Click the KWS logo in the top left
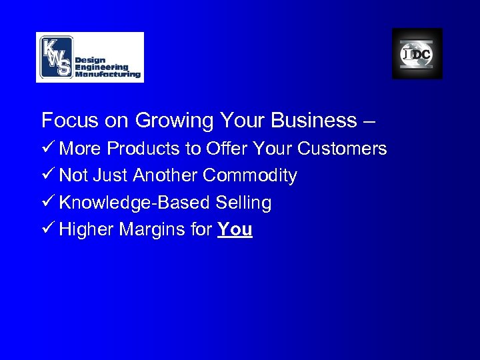coord(89,57)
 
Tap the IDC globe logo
coord(417,54)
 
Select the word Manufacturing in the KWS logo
coord(108,75)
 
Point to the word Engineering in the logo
coord(101,67)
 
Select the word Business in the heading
coord(315,121)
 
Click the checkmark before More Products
coord(47,149)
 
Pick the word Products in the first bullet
coord(143,149)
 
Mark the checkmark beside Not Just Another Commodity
coord(47,175)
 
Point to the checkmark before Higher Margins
coord(47,229)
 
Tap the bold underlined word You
coord(235,229)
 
